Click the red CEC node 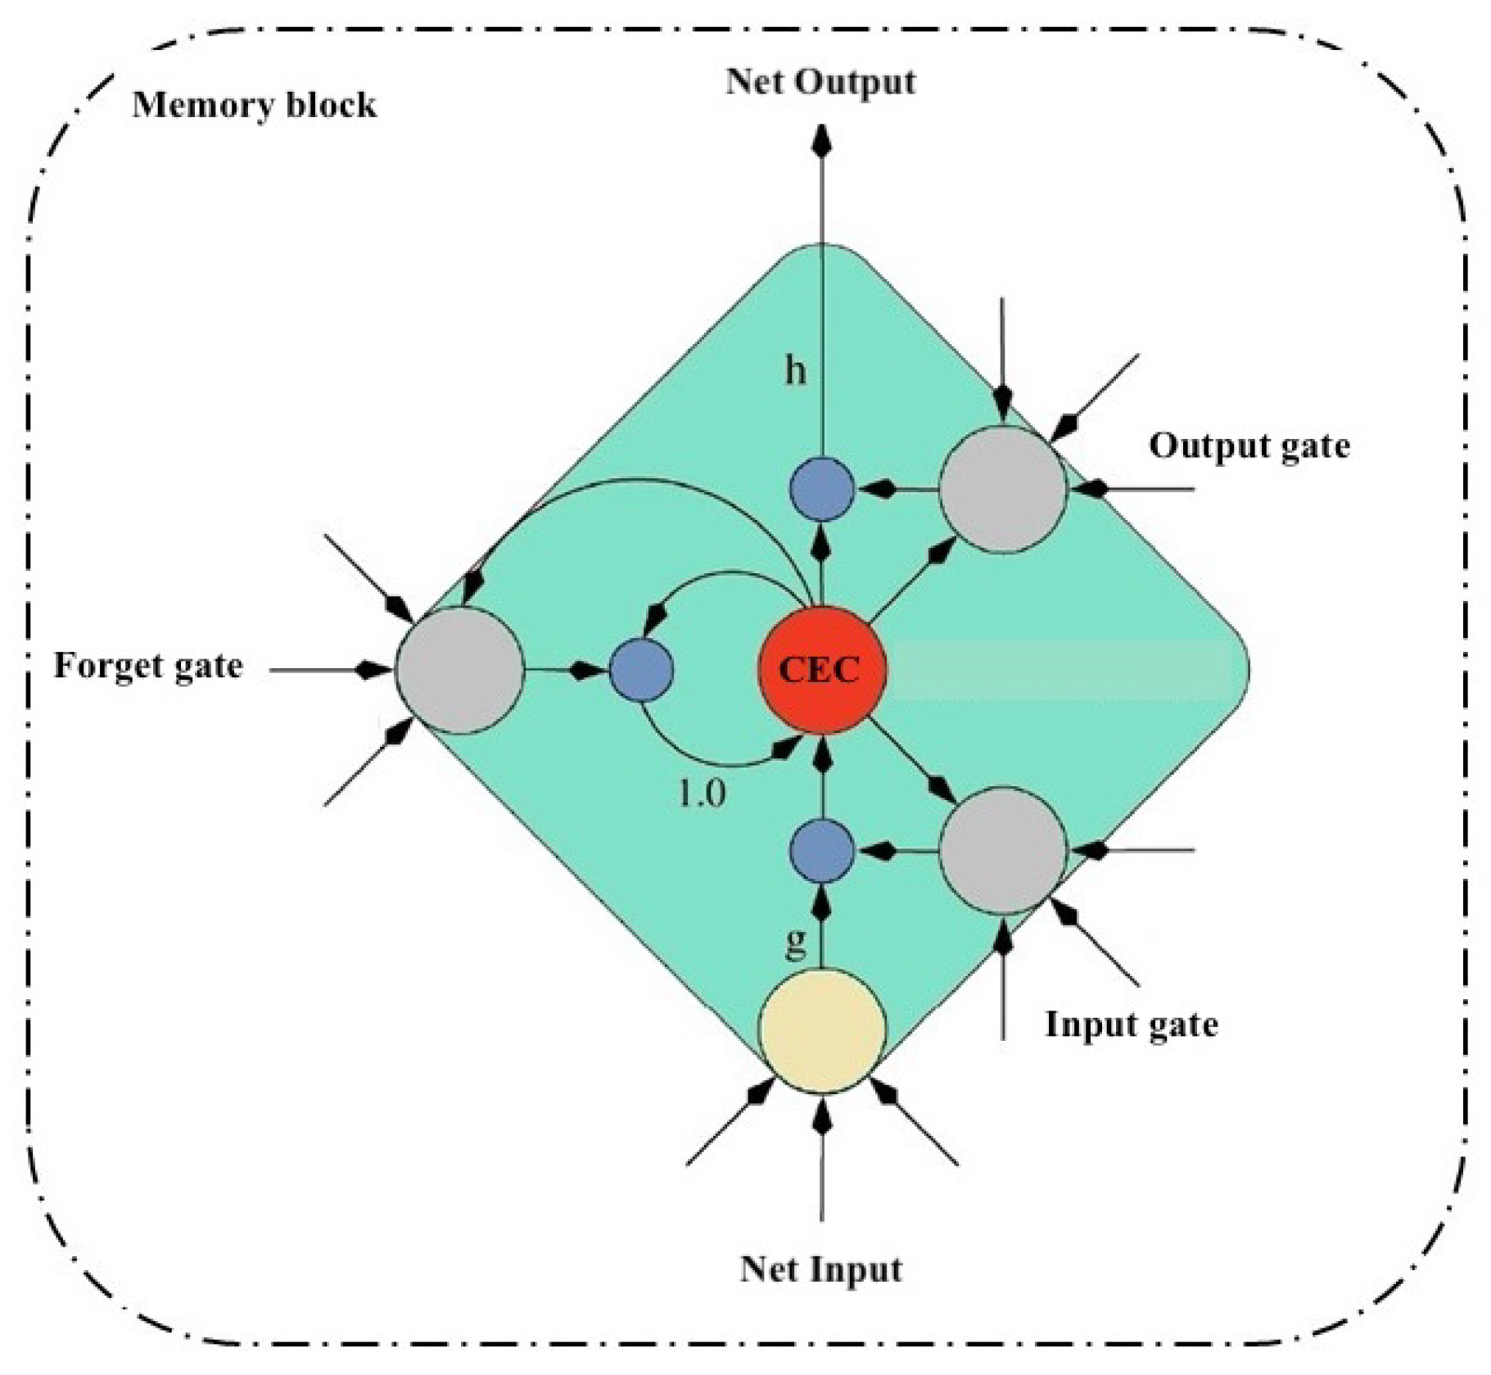[x=821, y=669]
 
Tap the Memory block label [x=254, y=106]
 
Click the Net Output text [x=820, y=82]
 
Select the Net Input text [x=820, y=1269]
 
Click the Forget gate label [x=148, y=665]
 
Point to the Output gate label [x=1249, y=446]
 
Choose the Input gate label [x=1131, y=1024]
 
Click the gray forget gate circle [x=459, y=670]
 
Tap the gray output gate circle [x=1002, y=489]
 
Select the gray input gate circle [x=1002, y=850]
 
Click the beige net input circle [x=821, y=1030]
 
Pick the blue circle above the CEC [x=821, y=489]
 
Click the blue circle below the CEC [x=821, y=850]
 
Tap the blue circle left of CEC [x=641, y=670]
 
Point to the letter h [x=795, y=372]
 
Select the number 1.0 [x=702, y=793]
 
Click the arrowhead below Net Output [x=822, y=141]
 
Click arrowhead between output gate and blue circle [x=880, y=490]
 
